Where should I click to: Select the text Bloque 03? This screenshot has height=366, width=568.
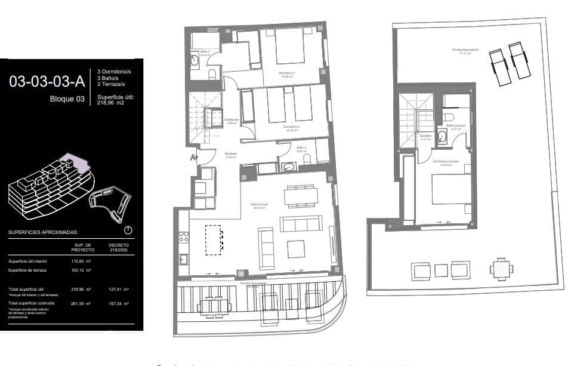tap(66, 100)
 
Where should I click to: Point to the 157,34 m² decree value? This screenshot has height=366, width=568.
tap(118, 304)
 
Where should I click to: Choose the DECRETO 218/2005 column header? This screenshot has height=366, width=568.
tap(118, 247)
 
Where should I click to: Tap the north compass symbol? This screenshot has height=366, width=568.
tap(128, 230)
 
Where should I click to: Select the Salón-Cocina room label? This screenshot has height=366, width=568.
tap(259, 205)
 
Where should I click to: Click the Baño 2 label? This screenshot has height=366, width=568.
tap(203, 53)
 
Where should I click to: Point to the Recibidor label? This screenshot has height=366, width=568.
tap(231, 154)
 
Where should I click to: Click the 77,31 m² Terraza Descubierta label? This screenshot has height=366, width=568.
tap(461, 52)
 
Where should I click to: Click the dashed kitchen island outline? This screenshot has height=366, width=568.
tap(214, 239)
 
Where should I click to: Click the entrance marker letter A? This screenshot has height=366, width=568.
tap(193, 158)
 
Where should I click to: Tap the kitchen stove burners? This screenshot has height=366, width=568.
tap(183, 238)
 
